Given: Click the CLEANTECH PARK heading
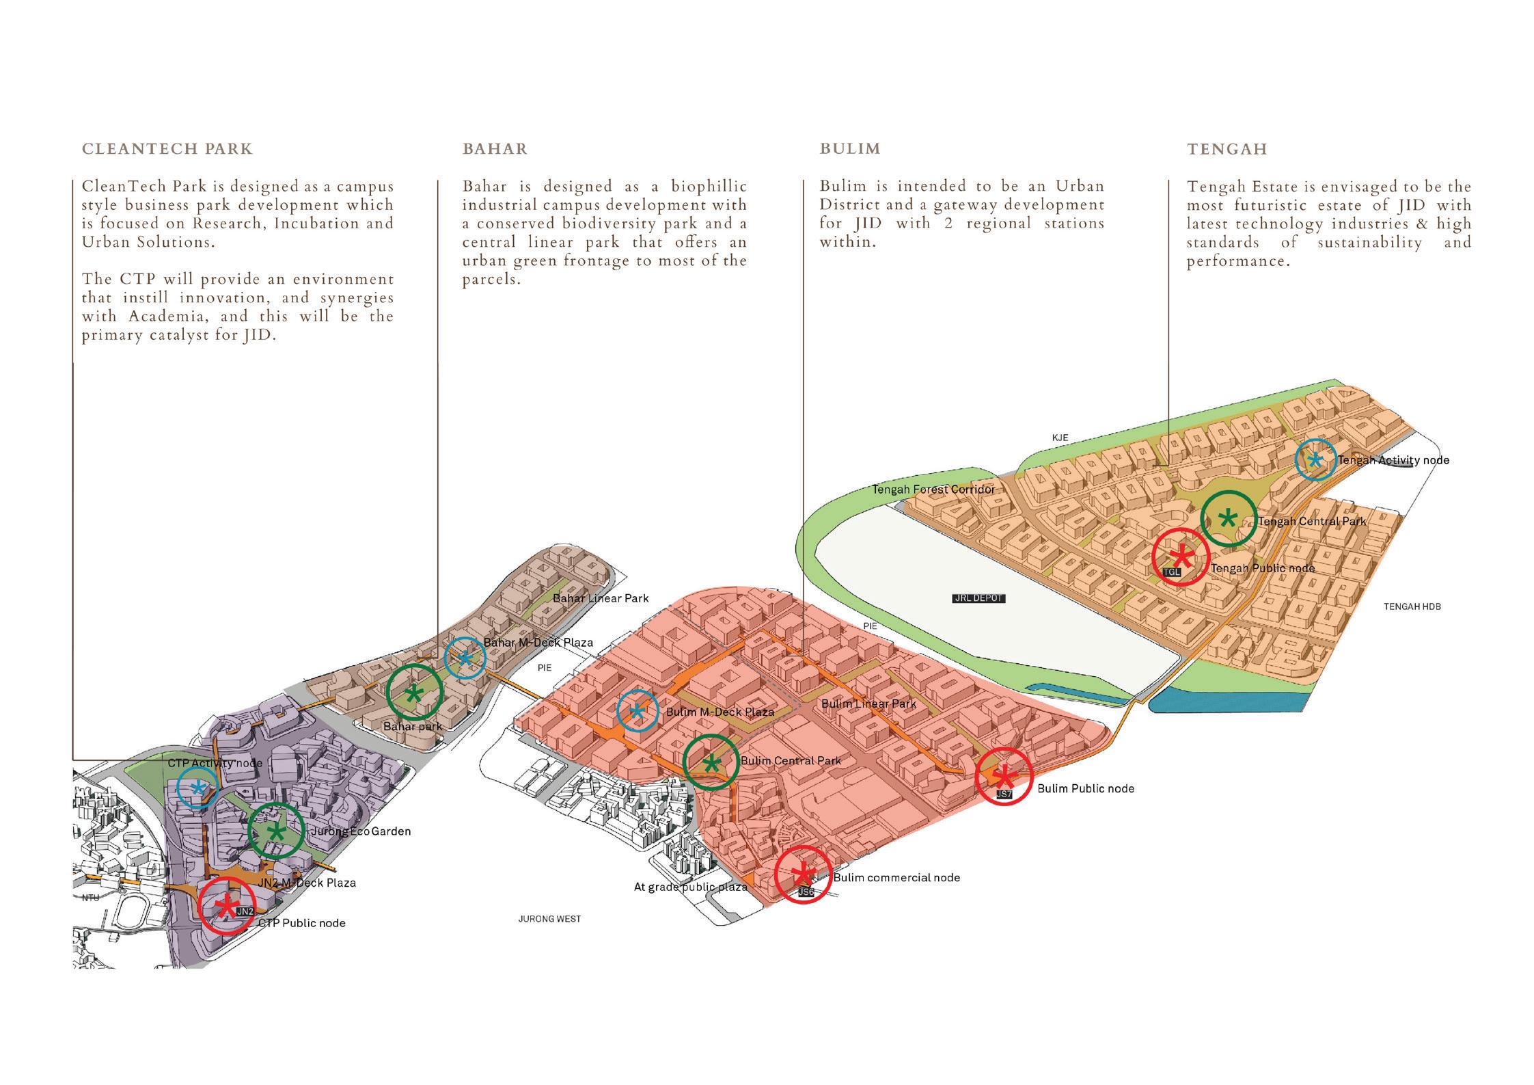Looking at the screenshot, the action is (x=167, y=149).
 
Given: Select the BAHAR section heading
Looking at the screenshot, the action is (x=495, y=149).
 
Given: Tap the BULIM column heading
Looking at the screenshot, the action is (x=850, y=149).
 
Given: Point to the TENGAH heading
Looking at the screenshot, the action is (x=1227, y=149).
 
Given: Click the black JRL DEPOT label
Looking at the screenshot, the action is (x=978, y=598).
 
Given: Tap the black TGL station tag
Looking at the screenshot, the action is (x=1171, y=572).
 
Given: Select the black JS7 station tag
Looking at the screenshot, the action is (x=1004, y=794).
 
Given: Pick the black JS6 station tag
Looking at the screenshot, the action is (x=806, y=892).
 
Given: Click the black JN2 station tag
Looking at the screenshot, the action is (x=245, y=911).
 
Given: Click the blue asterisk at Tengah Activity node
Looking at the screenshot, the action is (x=1315, y=459).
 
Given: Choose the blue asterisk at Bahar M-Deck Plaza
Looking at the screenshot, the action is (x=465, y=658).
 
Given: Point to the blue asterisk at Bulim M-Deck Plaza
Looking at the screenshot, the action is (x=637, y=711).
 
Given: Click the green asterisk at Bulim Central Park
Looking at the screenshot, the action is (x=711, y=763).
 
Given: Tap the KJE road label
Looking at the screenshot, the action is (x=1060, y=438).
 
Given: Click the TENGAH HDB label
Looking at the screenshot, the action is (x=1412, y=606).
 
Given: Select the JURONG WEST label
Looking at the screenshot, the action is (x=549, y=920).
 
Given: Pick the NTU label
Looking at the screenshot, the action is (x=90, y=898).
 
